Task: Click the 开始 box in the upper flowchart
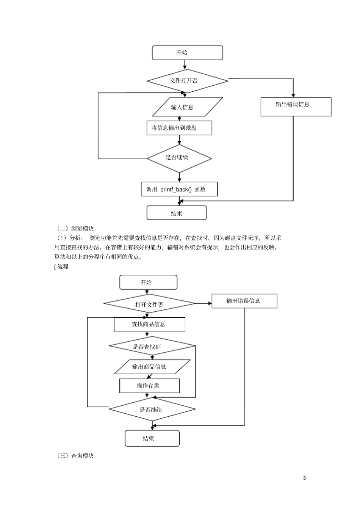187,53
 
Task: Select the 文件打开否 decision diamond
187,81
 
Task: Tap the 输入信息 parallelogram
187,107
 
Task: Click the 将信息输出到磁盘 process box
179,128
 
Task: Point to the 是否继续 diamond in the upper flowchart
179,158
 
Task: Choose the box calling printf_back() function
179,189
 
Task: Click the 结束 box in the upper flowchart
177,213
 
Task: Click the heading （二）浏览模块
75,228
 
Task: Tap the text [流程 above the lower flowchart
61,267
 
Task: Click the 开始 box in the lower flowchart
148,282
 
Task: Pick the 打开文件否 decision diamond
149,304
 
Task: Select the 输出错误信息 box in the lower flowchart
244,301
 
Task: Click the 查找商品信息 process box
149,325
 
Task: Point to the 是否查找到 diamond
152,346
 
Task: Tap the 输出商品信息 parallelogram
152,367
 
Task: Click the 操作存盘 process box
149,386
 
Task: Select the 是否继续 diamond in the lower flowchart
152,410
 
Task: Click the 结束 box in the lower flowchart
152,439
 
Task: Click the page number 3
304,478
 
